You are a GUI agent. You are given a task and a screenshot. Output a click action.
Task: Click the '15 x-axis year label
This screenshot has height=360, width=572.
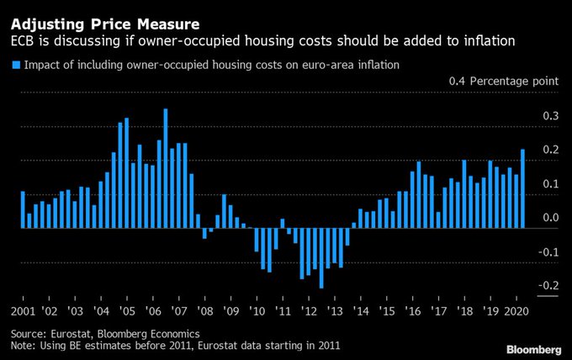click(x=386, y=310)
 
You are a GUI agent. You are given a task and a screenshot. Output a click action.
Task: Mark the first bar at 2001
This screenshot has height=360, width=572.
click(x=23, y=209)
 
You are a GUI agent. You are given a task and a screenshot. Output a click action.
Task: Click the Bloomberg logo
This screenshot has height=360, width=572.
click(x=534, y=348)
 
